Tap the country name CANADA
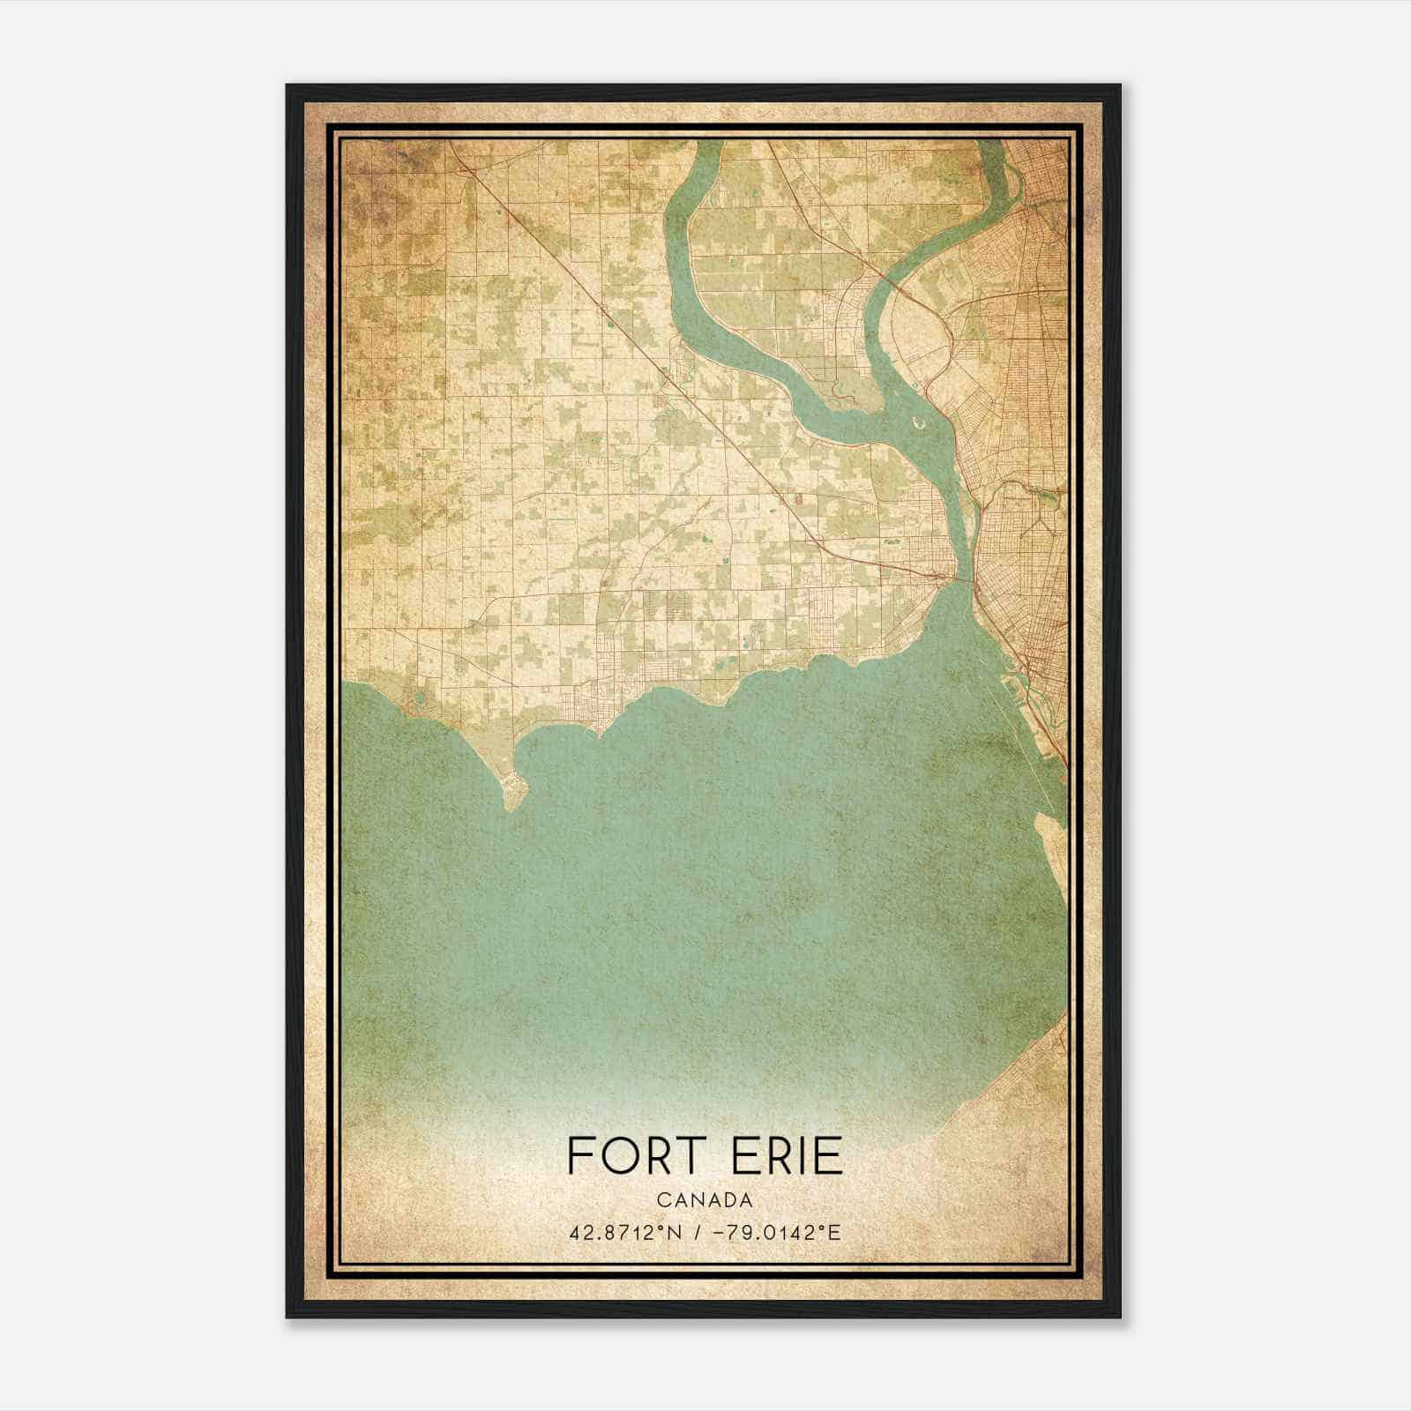tap(705, 1199)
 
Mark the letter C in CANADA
tap(661, 1199)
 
